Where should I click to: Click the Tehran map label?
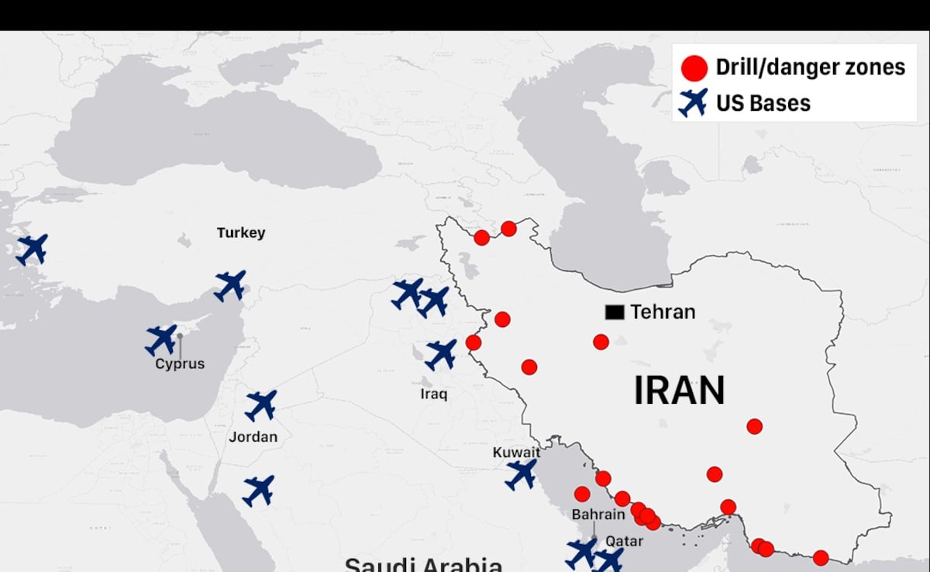click(x=663, y=312)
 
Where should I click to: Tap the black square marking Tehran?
click(x=615, y=312)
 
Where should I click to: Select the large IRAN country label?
click(x=679, y=390)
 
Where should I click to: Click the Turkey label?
click(x=241, y=233)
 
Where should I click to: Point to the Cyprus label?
click(x=180, y=364)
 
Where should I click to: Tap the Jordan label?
click(x=253, y=437)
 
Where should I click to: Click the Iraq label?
click(x=434, y=394)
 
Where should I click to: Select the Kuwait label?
click(x=516, y=452)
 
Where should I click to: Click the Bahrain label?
click(x=598, y=514)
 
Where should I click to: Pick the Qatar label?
click(x=624, y=541)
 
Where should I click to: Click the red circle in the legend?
click(x=694, y=67)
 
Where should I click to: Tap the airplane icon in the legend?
click(x=693, y=102)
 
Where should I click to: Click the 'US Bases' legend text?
click(x=763, y=103)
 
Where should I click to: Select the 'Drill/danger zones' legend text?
click(x=810, y=67)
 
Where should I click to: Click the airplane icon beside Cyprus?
click(x=161, y=339)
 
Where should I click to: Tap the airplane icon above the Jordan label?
click(x=261, y=405)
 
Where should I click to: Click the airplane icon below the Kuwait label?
click(x=521, y=474)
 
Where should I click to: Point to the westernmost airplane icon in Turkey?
click(x=32, y=249)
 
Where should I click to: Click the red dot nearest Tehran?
click(x=601, y=342)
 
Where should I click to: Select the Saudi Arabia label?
click(x=423, y=564)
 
